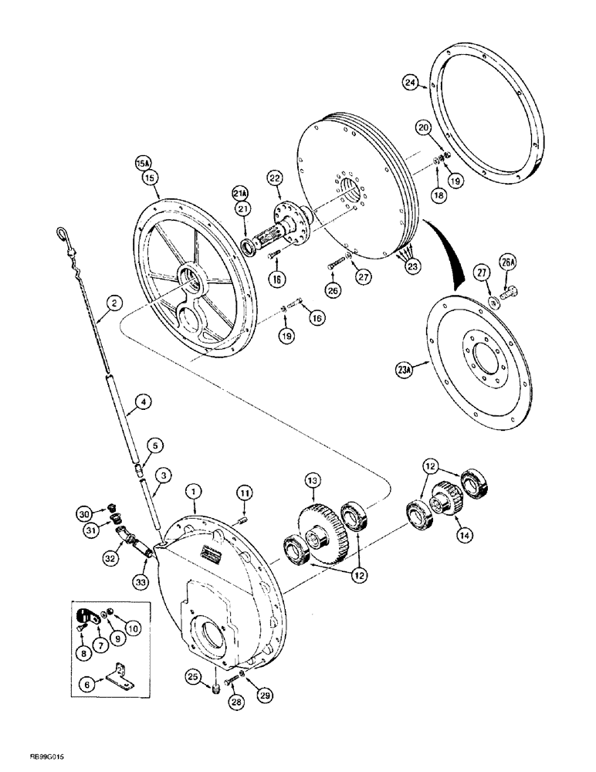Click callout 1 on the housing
coord(195,490)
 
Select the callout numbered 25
coord(193,677)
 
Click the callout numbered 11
coord(245,492)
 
